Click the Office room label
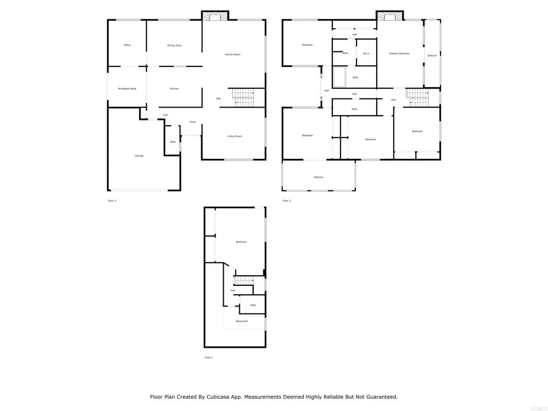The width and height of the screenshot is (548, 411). pos(127,45)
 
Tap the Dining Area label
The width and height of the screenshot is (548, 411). pos(174,45)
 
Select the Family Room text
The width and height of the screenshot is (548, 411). pos(232,54)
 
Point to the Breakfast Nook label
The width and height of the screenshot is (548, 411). pos(127,88)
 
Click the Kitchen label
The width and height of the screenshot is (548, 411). pos(174,88)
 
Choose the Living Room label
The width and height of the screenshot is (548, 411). pos(234,136)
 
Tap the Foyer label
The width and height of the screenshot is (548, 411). pos(193,121)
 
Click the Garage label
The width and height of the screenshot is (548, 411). pos(139,155)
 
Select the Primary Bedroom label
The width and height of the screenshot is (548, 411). pos(399,54)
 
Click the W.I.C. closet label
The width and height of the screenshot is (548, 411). pos(367,53)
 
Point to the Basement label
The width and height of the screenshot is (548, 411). pos(242,321)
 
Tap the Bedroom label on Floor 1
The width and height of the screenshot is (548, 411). pos(241,242)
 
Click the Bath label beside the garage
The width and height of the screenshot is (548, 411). pos(173,142)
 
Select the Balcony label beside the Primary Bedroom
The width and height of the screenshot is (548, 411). pos(432,56)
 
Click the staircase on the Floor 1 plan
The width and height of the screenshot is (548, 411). pos(244,280)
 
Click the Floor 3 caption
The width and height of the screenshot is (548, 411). pos(287,201)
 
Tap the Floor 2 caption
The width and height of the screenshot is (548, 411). pos(112,201)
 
